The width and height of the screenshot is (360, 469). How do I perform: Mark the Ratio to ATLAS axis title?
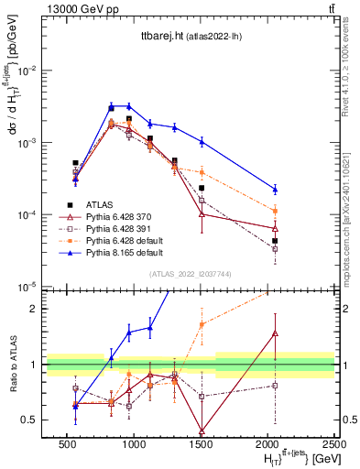[12, 364]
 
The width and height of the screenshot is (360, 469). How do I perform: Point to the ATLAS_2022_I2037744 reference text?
[190, 275]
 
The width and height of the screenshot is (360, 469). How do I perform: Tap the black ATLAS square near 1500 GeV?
[202, 188]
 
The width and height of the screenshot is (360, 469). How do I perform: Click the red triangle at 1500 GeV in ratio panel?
[202, 431]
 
